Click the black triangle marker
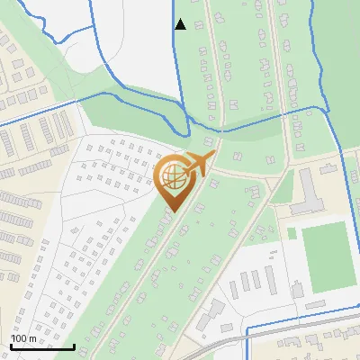[x=180, y=24]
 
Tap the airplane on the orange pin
[x=199, y=164]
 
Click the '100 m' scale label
[x=23, y=338]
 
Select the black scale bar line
[x=41, y=346]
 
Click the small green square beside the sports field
[x=292, y=233]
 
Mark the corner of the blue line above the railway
[x=247, y=323]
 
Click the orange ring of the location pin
[x=160, y=181]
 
